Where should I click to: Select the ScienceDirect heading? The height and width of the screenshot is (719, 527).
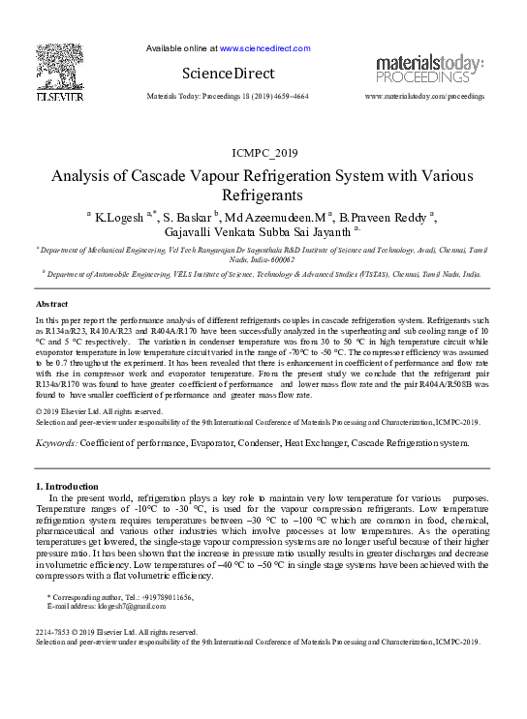228,74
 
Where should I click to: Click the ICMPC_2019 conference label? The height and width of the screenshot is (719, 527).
264,153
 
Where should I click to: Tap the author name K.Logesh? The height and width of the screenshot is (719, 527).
117,217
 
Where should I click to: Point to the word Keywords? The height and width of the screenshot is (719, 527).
55,442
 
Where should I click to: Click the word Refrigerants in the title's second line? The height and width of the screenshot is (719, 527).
263,195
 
